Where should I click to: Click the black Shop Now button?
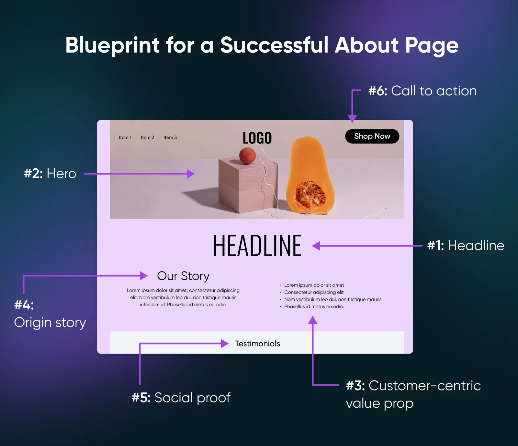tap(372, 136)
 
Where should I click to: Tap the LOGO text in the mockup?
tap(257, 138)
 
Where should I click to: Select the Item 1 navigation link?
tap(125, 138)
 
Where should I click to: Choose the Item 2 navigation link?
tap(147, 138)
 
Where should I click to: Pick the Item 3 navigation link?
tap(170, 138)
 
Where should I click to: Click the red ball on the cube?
tap(248, 156)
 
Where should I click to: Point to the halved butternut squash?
tap(310, 175)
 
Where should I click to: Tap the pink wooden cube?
tap(248, 185)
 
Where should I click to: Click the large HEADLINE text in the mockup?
tap(257, 246)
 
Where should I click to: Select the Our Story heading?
tap(183, 276)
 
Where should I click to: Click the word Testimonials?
tap(257, 344)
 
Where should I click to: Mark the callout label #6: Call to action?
tap(422, 91)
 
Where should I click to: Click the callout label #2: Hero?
tap(50, 174)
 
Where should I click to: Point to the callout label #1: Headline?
tap(466, 246)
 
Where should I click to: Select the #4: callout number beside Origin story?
tap(24, 305)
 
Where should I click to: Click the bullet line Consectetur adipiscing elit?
tap(314, 292)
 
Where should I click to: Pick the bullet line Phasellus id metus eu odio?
tap(314, 307)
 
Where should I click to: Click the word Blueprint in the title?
tap(113, 45)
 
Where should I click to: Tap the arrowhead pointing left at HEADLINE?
tap(316, 246)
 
